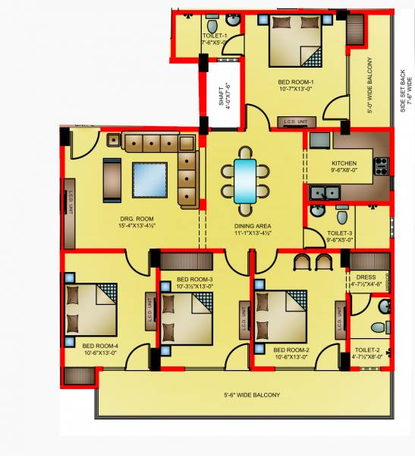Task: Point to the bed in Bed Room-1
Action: (x=297, y=42)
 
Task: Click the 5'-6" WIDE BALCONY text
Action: (x=252, y=395)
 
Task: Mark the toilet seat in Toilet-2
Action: (x=377, y=328)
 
